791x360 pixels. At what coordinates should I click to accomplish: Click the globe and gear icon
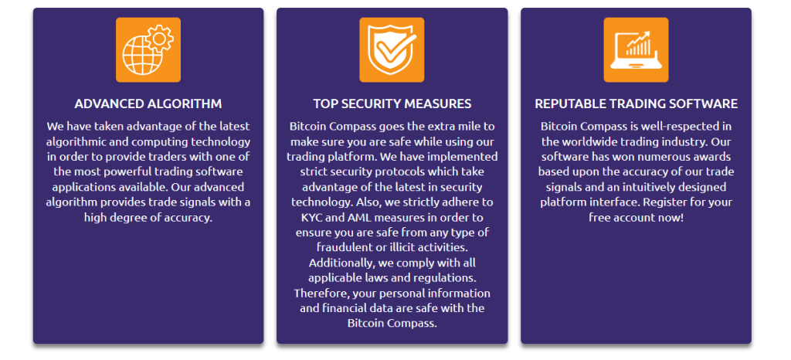click(148, 50)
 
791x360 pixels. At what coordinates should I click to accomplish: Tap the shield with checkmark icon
click(392, 50)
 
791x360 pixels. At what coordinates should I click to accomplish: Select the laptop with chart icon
click(637, 50)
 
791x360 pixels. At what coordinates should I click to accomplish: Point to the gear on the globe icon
click(160, 38)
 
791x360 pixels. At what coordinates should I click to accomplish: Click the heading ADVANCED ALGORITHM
click(148, 104)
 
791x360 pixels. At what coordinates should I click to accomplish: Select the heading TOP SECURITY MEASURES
click(392, 104)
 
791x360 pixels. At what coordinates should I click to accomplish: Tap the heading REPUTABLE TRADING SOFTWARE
click(637, 104)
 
